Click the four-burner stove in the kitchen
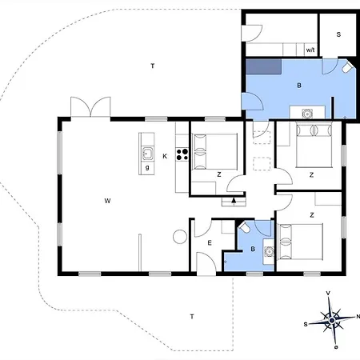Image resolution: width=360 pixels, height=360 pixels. tap(182, 154)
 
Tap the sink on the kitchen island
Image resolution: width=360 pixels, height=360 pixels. tap(147, 154)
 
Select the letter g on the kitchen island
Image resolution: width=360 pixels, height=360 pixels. tap(147, 168)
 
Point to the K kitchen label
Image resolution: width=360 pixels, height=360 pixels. tap(165, 156)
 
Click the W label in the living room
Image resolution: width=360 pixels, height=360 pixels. tap(107, 201)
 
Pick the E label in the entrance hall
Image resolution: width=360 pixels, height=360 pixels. tap(210, 243)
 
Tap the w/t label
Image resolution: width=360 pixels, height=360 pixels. tap(310, 50)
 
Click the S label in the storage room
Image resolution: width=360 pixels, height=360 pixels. tap(338, 34)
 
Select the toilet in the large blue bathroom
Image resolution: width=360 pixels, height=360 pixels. tap(347, 68)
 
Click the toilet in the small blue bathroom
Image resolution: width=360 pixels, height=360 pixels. tap(244, 227)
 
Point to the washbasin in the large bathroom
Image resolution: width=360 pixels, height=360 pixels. tap(307, 114)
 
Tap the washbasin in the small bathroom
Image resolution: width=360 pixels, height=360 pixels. tap(269, 251)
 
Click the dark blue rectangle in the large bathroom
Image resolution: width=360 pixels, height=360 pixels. tap(263, 66)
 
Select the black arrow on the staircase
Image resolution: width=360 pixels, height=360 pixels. tap(234, 201)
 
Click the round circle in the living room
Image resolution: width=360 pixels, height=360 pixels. tap(180, 237)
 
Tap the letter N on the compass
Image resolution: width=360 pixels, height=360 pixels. tap(358, 317)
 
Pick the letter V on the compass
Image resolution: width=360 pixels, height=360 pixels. tap(328, 294)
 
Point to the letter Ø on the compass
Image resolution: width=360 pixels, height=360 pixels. tap(336, 347)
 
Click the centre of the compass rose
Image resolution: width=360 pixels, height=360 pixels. tap(332, 320)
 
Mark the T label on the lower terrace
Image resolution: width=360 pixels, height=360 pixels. tap(192, 317)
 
